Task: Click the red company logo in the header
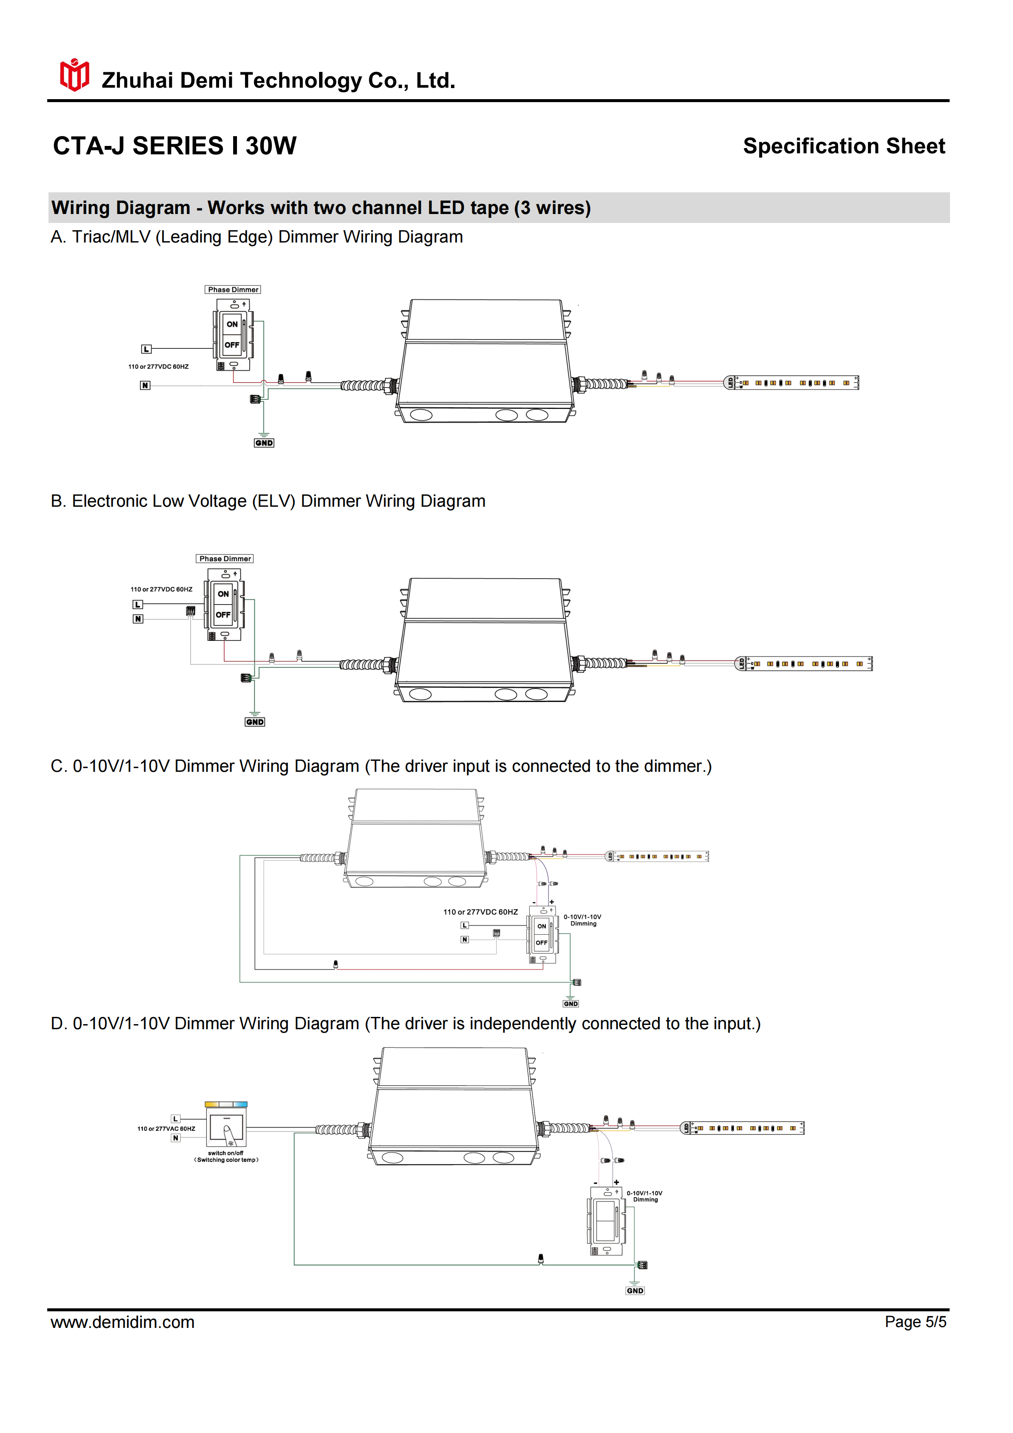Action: (x=74, y=75)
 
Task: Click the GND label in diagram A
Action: (x=264, y=442)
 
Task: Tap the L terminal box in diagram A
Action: (x=146, y=349)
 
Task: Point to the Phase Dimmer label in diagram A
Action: (x=233, y=290)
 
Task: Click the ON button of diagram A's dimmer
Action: (x=231, y=324)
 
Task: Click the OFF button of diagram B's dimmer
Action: (x=223, y=615)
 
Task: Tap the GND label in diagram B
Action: (x=255, y=722)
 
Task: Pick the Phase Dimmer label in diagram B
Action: (x=225, y=559)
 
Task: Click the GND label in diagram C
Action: (x=571, y=1004)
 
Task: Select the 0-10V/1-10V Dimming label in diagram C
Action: (x=582, y=920)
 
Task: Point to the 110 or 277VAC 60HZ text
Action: (x=166, y=1128)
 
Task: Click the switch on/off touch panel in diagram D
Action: (x=226, y=1129)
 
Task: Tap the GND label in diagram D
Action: (x=635, y=1291)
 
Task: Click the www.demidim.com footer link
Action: (x=123, y=1322)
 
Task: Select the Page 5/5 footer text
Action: (x=915, y=1322)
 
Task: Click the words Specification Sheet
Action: (x=843, y=146)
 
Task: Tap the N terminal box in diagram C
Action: (x=464, y=939)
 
